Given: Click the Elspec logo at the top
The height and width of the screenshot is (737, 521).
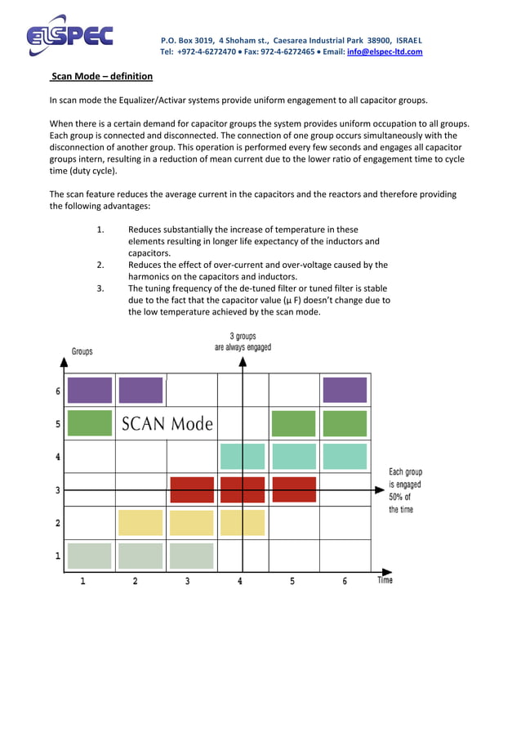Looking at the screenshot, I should coord(69,37).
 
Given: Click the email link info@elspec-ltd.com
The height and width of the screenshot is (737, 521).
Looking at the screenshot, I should coord(385,51).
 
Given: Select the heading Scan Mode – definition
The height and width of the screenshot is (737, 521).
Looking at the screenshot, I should coord(101,77).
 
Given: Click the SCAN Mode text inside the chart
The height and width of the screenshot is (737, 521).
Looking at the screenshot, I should coord(167,424).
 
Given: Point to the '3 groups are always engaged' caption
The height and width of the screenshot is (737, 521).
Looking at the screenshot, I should coord(243,342).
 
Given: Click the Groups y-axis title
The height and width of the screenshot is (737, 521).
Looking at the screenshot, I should coord(82,351).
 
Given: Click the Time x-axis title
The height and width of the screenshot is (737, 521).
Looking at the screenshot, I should coord(385,580).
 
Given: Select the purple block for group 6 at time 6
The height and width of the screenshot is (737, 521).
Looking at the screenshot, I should coord(345,390).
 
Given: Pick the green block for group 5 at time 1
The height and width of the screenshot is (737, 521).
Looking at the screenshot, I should coord(90,423).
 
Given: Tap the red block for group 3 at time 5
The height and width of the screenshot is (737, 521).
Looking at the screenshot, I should coord(294,489).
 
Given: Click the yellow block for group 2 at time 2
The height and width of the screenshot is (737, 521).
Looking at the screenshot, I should coord(140,522).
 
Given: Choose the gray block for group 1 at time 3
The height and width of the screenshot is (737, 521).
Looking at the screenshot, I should coord(192,556).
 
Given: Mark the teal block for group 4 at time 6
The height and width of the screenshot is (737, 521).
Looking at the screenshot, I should coord(345,456).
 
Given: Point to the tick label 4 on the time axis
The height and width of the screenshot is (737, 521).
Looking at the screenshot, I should coord(240,581).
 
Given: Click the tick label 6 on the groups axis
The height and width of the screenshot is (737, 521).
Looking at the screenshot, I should coord(57,391).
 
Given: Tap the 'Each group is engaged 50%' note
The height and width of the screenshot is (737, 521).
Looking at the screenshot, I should coord(405,490).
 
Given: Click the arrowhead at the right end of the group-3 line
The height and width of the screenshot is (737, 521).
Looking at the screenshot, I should coord(380,489).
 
